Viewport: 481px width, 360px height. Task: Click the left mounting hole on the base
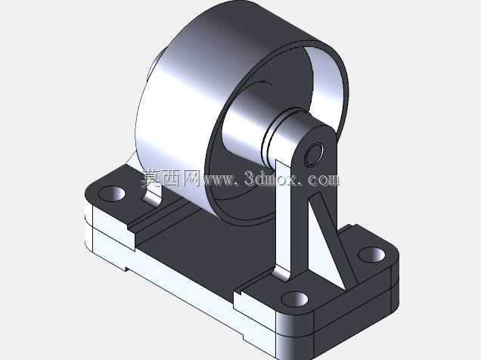tap(112, 194)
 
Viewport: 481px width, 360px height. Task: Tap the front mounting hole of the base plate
tap(294, 299)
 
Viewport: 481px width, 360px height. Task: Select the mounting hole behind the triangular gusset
tap(371, 255)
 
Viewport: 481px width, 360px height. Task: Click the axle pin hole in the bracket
tap(314, 154)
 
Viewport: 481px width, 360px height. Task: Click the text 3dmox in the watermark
tap(270, 179)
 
